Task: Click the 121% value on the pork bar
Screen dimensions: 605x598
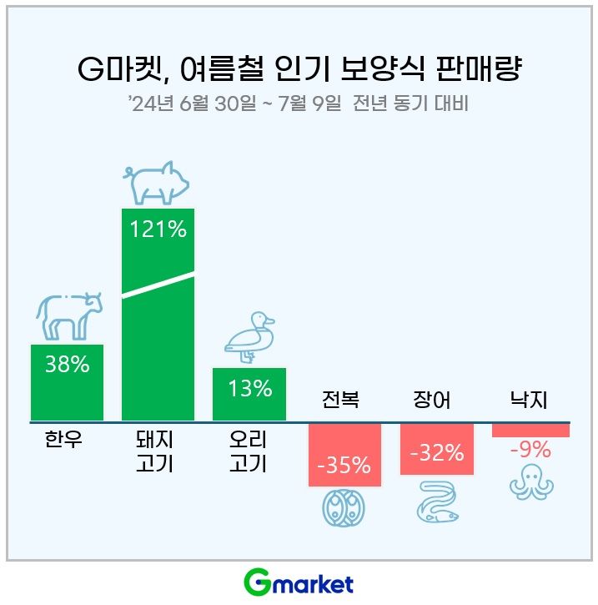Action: (158, 229)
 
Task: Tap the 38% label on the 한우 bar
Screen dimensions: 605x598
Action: (68, 365)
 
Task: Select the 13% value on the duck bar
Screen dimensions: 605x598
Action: (249, 389)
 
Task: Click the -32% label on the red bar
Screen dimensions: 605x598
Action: (437, 453)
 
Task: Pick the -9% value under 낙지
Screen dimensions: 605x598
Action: (530, 451)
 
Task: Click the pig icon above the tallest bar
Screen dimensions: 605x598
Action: (157, 182)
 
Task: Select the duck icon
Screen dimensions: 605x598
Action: (249, 338)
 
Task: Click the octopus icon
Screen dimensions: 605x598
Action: (529, 485)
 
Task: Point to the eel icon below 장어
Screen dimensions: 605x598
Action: (437, 503)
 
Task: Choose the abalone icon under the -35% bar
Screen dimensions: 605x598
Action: (344, 507)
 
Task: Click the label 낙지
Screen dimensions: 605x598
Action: (528, 401)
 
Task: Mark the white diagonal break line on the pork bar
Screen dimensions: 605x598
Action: (158, 285)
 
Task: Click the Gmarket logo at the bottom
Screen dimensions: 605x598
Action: (299, 582)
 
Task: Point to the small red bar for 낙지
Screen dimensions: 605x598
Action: (530, 431)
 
